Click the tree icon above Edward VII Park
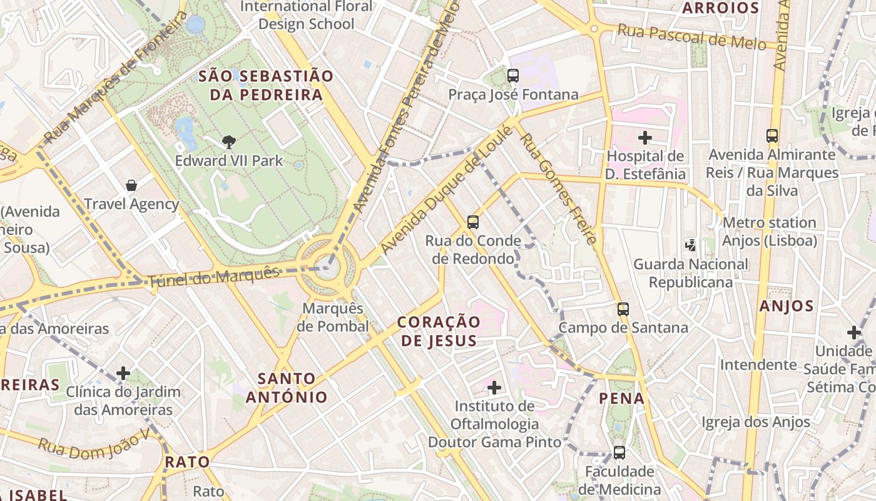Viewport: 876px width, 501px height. [229, 142]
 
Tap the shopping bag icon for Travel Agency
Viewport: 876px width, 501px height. [131, 185]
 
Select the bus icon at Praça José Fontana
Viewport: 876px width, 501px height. [513, 76]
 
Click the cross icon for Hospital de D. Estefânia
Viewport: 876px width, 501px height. [645, 138]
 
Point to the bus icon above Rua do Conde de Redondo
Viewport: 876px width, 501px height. [473, 222]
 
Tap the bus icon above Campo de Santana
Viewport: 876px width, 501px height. [623, 309]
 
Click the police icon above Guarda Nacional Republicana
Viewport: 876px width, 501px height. [691, 245]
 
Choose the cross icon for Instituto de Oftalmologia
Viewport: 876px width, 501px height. [494, 388]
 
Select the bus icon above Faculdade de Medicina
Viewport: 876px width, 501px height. [619, 452]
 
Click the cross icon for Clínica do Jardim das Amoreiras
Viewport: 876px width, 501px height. [123, 374]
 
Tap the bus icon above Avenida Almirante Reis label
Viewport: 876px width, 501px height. [772, 135]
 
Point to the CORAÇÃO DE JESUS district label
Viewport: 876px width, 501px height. [439, 331]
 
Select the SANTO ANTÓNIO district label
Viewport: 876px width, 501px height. [287, 388]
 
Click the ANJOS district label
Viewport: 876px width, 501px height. [787, 306]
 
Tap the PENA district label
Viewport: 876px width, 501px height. [621, 398]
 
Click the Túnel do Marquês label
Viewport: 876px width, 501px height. [213, 277]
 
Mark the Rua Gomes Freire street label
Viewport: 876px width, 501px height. [558, 188]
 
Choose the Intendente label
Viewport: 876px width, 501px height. [758, 364]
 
